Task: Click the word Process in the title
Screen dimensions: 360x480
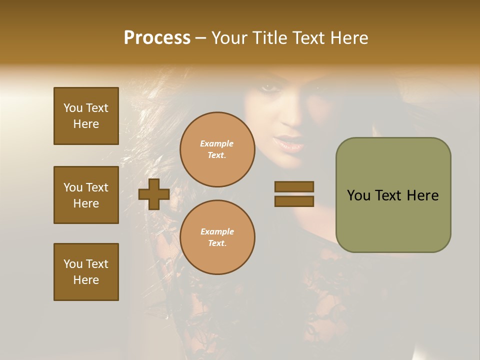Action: [157, 38]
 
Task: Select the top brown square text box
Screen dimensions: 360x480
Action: [86, 116]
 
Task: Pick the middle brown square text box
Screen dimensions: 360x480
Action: [86, 195]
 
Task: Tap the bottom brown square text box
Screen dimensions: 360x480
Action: [86, 272]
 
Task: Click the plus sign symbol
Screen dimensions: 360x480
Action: [154, 194]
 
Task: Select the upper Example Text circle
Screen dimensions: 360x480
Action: [217, 149]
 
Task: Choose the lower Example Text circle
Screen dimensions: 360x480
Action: [217, 237]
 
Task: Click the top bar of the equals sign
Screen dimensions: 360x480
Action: [294, 186]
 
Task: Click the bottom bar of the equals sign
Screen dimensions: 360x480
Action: [294, 201]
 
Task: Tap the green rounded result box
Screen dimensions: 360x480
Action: [393, 195]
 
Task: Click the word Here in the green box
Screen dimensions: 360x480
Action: [422, 195]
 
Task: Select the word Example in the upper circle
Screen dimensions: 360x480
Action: [217, 143]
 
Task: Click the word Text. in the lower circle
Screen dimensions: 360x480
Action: [217, 243]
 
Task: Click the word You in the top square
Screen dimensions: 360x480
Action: [72, 108]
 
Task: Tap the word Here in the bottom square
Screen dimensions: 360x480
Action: [86, 280]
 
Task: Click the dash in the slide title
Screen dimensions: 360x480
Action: [200, 38]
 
